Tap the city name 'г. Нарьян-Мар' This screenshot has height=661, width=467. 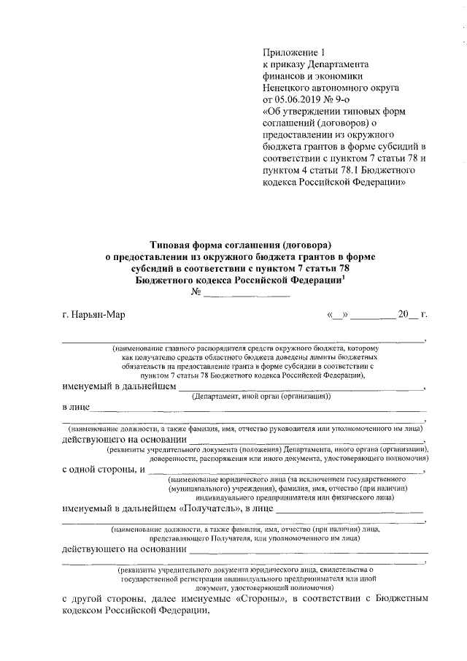[x=94, y=315]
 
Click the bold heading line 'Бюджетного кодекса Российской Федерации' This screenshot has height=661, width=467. [x=238, y=280]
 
